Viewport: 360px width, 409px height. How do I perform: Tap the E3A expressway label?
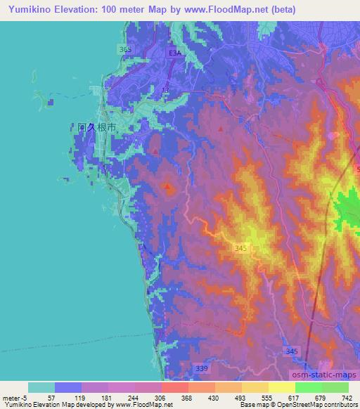click(x=174, y=53)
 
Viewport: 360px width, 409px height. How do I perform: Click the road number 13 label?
click(x=166, y=91)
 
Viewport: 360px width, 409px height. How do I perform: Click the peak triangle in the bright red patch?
click(x=167, y=186)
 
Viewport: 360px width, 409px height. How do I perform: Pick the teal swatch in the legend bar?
click(x=41, y=387)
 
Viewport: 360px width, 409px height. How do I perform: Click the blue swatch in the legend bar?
click(x=68, y=387)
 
